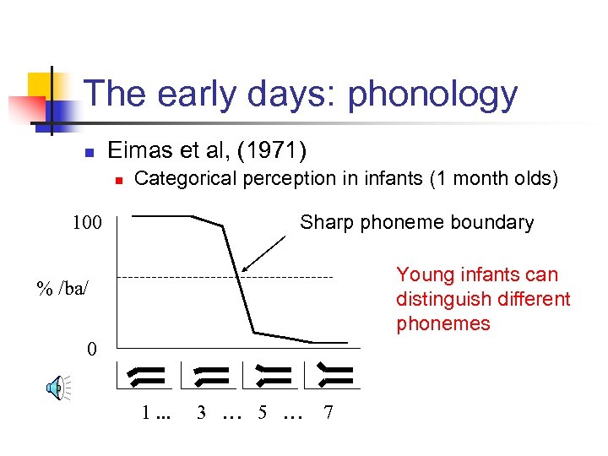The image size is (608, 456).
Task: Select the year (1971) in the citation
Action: (x=272, y=151)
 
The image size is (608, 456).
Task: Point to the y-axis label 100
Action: (x=86, y=224)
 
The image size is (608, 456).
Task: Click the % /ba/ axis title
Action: (x=62, y=288)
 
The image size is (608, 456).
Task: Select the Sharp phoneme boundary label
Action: (x=417, y=222)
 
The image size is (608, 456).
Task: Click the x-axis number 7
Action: (x=328, y=413)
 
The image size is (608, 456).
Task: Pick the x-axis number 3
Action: (x=201, y=413)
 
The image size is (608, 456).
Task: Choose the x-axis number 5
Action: (x=263, y=413)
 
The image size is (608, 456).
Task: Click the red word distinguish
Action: (x=438, y=299)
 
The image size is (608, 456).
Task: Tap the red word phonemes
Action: (x=442, y=323)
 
